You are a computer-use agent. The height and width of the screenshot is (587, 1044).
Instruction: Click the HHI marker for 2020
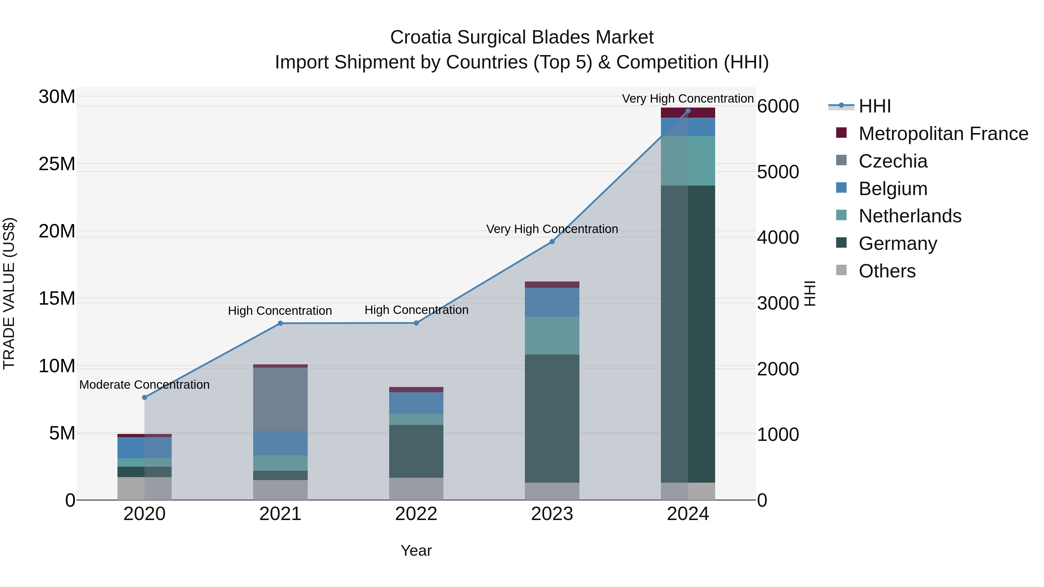tap(144, 397)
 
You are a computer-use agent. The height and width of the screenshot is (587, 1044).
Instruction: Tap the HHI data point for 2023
tap(552, 241)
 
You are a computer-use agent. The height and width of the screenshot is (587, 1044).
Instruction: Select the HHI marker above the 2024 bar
tap(688, 111)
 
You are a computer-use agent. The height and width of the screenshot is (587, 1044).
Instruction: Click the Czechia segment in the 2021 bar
tap(280, 399)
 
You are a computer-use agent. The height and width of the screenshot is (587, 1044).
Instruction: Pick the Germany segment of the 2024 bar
tap(688, 334)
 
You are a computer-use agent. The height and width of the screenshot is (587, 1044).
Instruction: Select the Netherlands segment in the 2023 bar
tap(552, 335)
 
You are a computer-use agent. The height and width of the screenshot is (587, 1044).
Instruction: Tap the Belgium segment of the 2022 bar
tap(416, 403)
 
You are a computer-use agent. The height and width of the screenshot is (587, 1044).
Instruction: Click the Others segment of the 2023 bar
tap(552, 491)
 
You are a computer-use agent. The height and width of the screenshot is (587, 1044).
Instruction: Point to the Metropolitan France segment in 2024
tap(688, 113)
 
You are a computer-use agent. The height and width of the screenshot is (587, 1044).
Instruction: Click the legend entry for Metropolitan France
tap(943, 134)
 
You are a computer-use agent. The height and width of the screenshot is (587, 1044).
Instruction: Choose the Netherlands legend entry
tap(909, 216)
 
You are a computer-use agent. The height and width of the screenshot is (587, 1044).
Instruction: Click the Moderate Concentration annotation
tap(144, 384)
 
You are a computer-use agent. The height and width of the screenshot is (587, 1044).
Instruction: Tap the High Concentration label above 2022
tap(416, 310)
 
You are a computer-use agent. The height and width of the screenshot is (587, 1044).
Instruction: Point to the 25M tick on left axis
tap(57, 164)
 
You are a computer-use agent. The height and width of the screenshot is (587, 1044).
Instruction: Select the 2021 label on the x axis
tap(280, 514)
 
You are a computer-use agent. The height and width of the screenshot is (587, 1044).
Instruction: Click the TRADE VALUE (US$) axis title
tap(9, 293)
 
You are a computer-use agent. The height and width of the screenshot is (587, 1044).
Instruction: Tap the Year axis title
tap(416, 550)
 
